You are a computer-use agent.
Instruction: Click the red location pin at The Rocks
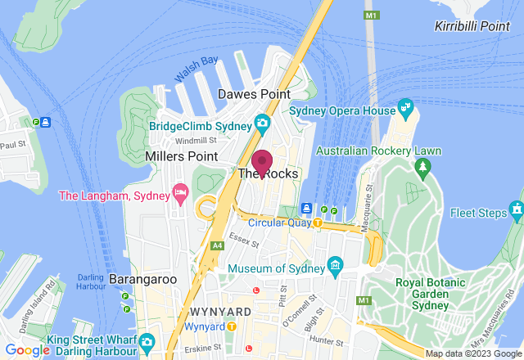coord(262,163)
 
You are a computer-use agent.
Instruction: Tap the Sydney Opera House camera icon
coord(405,108)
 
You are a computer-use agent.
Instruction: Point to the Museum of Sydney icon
coord(334,266)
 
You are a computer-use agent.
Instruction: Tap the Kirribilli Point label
coord(472,26)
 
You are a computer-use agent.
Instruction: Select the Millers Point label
coord(181,155)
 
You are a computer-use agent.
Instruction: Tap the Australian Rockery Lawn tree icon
coord(422,168)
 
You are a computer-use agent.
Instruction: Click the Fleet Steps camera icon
coord(516,211)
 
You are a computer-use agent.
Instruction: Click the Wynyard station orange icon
coord(232,326)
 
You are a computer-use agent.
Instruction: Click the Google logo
coord(28,350)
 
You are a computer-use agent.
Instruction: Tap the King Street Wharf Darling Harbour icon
coord(147,340)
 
